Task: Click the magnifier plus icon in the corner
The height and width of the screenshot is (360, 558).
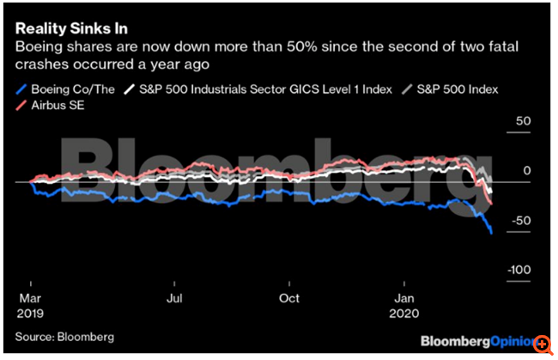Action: (x=543, y=343)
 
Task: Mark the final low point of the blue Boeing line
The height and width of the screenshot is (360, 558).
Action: (x=491, y=233)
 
